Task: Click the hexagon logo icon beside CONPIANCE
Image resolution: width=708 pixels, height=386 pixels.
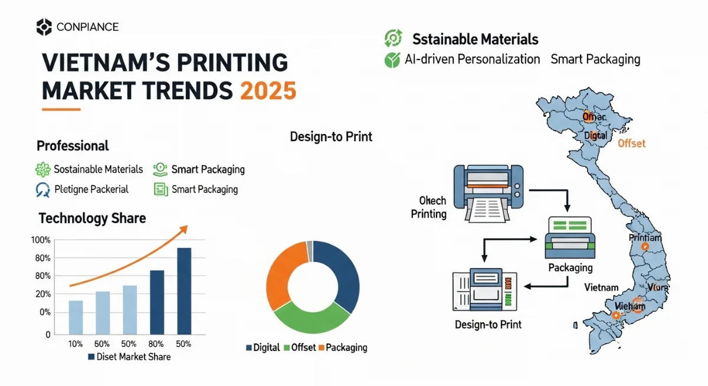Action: (44, 27)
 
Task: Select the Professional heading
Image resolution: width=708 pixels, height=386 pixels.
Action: (73, 146)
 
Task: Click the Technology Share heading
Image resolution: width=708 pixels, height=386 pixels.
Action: (92, 218)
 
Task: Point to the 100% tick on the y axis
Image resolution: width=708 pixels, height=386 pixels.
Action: (41, 240)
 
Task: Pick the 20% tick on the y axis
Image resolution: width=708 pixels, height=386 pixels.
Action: (41, 294)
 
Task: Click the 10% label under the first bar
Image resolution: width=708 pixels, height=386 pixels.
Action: (76, 344)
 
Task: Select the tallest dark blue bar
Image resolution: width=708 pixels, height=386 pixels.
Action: (184, 290)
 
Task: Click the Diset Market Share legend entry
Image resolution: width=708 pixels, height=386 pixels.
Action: (129, 356)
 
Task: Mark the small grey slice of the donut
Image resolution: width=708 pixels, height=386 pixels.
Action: (309, 251)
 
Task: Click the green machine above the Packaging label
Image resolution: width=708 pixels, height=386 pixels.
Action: (570, 238)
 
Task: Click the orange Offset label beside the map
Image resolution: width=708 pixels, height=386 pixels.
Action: (631, 143)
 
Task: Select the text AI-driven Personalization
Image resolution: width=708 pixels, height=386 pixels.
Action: (472, 59)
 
